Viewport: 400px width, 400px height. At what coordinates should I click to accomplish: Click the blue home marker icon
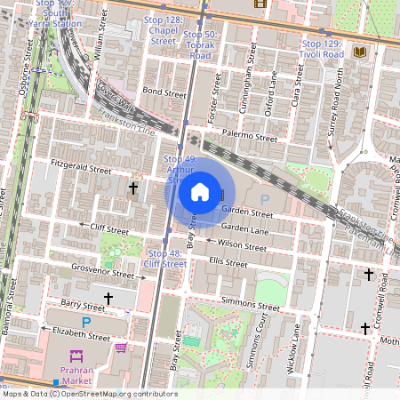(200, 192)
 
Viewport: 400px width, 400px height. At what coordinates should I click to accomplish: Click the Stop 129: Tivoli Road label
(323, 48)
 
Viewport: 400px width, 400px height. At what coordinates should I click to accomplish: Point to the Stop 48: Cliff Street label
(165, 259)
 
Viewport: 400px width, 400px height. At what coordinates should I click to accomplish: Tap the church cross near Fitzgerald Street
(133, 188)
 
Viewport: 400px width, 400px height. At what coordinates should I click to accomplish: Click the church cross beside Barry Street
(108, 299)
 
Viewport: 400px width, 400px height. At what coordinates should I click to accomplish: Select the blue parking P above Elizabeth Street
(86, 322)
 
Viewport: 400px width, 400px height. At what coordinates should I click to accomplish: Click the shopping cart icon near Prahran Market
(121, 348)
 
